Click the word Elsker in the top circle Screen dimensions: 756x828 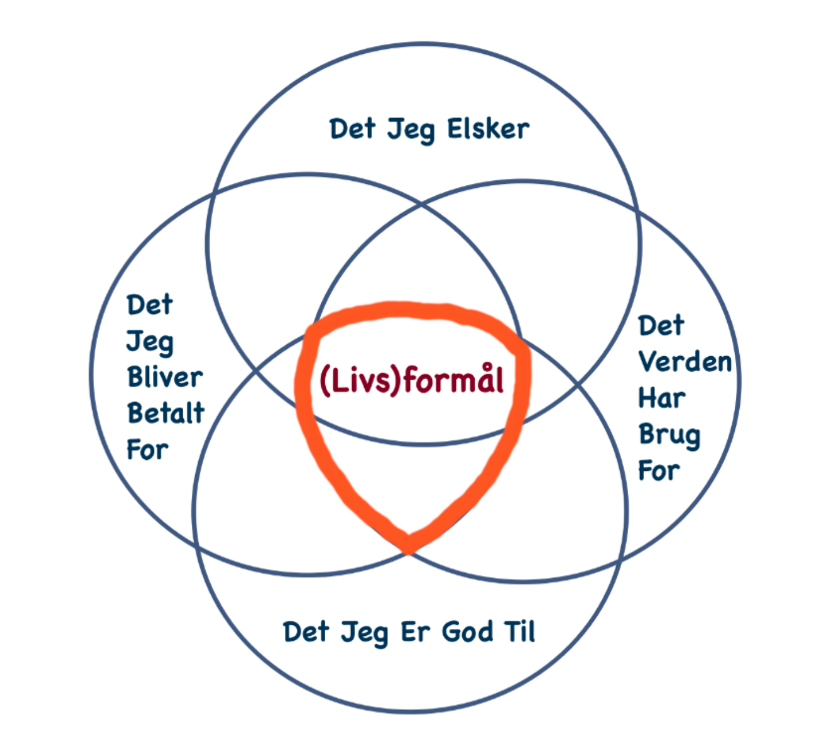click(x=488, y=129)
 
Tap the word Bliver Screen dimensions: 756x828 click(x=165, y=377)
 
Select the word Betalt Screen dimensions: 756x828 click(x=166, y=413)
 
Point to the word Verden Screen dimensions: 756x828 click(x=685, y=361)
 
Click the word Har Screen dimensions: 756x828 click(x=662, y=397)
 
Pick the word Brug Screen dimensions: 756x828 click(x=669, y=435)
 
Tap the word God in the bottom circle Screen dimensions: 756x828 click(x=467, y=632)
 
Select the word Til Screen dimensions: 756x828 click(x=520, y=631)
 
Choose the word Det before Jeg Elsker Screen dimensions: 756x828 click(x=352, y=129)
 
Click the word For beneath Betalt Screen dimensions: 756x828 click(x=148, y=450)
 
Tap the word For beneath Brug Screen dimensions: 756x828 click(x=659, y=471)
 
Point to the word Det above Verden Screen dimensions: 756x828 click(x=661, y=325)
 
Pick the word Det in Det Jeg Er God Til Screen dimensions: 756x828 click(x=306, y=632)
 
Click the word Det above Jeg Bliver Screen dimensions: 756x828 click(x=149, y=305)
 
